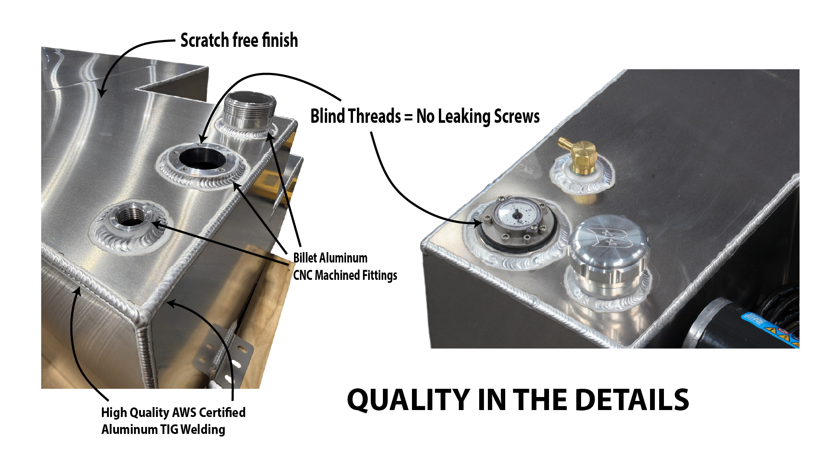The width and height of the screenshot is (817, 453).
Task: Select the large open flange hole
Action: click(203, 158)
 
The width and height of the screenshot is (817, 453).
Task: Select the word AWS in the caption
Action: click(184, 412)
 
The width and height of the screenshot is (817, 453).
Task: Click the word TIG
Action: click(169, 430)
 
